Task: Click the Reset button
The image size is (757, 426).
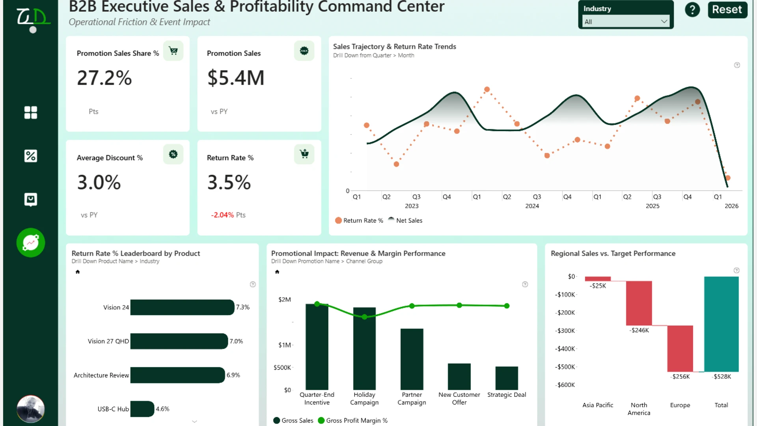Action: tap(727, 9)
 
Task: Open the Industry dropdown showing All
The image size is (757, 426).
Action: tap(626, 22)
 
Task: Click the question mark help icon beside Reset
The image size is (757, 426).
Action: tap(692, 9)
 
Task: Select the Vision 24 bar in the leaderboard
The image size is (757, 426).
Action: tap(182, 307)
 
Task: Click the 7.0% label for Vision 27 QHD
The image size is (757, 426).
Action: tap(236, 341)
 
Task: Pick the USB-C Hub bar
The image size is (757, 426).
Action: tap(142, 409)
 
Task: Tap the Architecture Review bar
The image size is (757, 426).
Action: tap(177, 375)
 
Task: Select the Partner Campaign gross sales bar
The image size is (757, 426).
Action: tap(412, 359)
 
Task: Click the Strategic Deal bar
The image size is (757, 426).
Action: tap(507, 378)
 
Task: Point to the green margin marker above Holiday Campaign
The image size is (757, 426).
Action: tap(364, 317)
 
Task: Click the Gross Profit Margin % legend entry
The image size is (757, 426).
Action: tap(353, 420)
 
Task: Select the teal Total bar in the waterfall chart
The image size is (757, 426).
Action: tap(722, 324)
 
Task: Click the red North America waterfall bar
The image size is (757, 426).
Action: tap(639, 303)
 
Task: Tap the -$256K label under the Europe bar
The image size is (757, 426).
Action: tap(681, 377)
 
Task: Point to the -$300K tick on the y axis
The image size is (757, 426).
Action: tap(565, 331)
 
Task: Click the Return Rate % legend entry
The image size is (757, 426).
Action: tap(359, 220)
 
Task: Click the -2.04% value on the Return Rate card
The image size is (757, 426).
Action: tap(222, 215)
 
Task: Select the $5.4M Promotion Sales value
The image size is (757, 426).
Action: tap(236, 78)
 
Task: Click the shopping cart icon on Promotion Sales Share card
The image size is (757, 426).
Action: tap(173, 51)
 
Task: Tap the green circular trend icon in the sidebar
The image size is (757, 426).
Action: tap(31, 243)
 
